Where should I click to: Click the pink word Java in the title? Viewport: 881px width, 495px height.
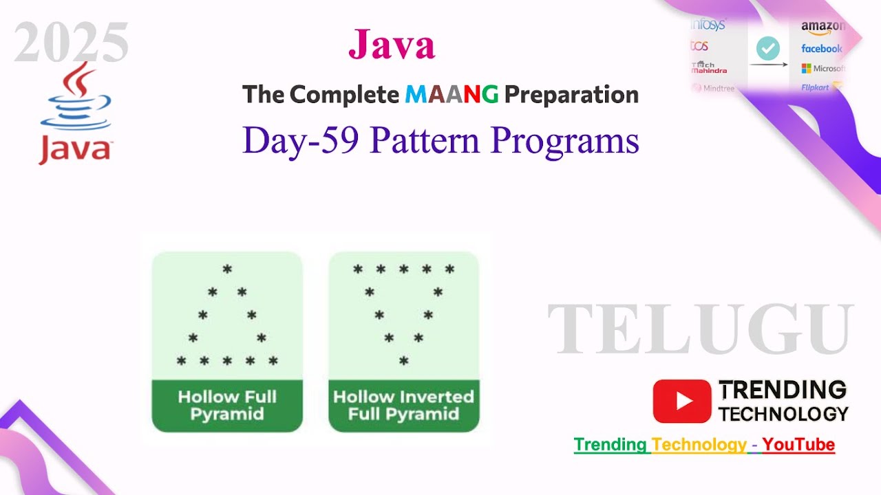pos(392,45)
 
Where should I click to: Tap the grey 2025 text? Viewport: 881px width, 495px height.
pos(72,43)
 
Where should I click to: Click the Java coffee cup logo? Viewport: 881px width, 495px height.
pos(75,113)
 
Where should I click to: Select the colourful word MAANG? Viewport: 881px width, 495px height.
pos(452,94)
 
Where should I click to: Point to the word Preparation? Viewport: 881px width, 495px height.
pos(571,94)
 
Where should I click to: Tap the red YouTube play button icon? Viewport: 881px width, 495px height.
pos(681,401)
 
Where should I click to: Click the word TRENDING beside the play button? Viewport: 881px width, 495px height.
pos(783,390)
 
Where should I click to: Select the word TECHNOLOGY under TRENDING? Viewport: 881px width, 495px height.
pos(783,414)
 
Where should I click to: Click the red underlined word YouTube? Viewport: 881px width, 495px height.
pos(798,445)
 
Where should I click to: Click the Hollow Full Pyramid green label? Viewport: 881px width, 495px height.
pos(227,406)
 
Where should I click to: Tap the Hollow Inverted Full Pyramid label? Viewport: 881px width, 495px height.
pos(403,406)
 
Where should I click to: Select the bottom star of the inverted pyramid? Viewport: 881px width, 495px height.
pos(404,361)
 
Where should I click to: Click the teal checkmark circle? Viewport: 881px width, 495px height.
pos(768,49)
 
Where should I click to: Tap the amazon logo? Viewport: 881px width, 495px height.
pos(822,26)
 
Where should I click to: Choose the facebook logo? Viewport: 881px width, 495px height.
pos(822,48)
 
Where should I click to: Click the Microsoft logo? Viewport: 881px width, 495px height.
pos(822,68)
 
